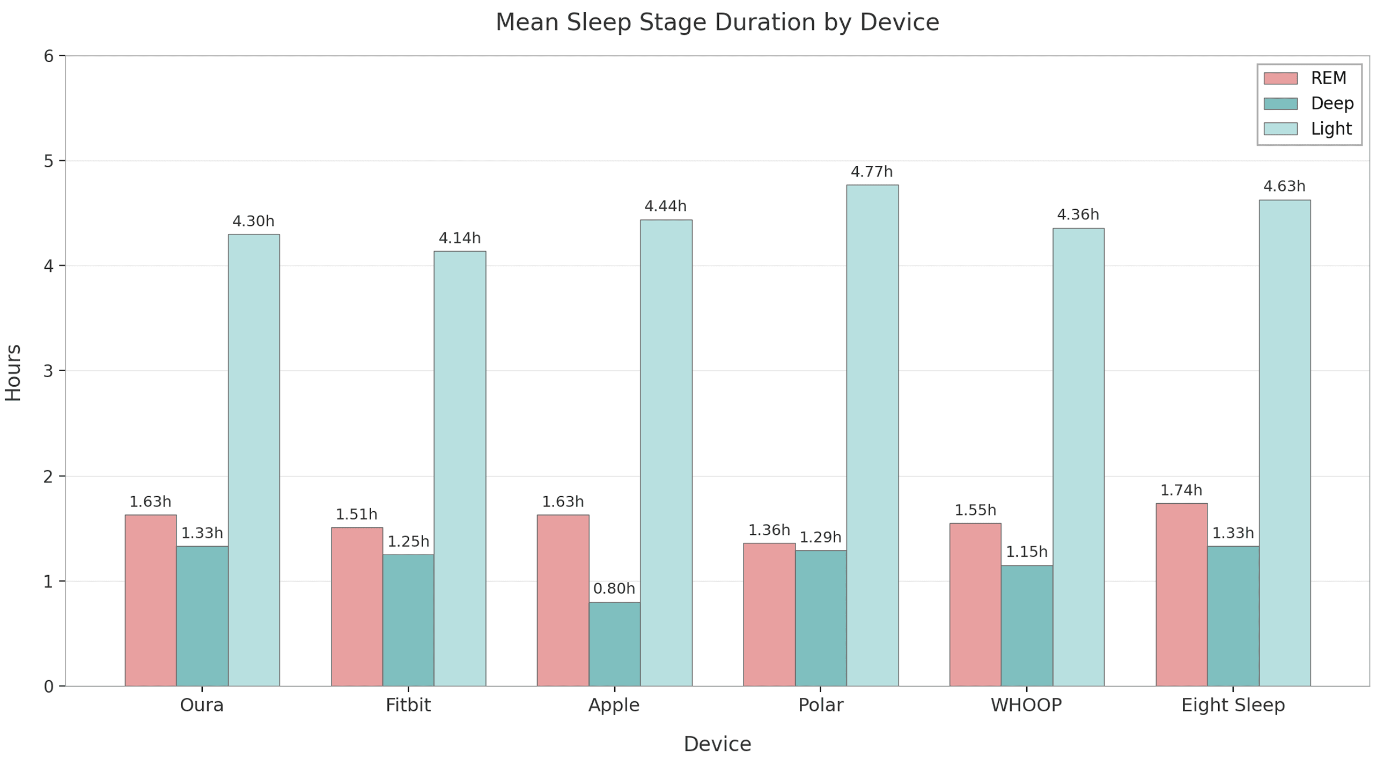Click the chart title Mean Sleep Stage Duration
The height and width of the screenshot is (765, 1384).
click(x=717, y=23)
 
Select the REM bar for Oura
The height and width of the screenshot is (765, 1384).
click(x=150, y=600)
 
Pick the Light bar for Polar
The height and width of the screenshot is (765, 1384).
click(x=872, y=435)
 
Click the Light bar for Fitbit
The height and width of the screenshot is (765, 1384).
click(x=460, y=468)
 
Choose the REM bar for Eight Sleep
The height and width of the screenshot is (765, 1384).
click(x=1181, y=594)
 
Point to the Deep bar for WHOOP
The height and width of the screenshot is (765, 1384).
click(x=1027, y=626)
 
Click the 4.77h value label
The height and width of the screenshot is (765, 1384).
click(x=872, y=172)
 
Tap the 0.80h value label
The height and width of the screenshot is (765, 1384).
click(x=614, y=589)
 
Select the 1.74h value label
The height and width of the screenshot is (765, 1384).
click(x=1181, y=490)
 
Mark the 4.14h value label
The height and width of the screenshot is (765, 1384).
click(x=459, y=238)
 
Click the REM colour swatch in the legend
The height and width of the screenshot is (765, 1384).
click(x=1280, y=78)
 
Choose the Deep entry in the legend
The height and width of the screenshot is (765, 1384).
click(x=1331, y=103)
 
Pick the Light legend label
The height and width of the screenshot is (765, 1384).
click(x=1331, y=129)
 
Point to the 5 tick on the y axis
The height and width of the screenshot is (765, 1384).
click(x=49, y=161)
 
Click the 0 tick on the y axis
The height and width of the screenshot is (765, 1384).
click(x=49, y=687)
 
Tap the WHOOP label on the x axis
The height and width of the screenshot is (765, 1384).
click(x=1026, y=705)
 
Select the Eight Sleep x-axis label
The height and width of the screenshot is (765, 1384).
click(x=1233, y=705)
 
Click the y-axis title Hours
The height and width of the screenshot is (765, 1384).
click(x=13, y=372)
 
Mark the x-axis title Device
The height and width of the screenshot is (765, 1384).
click(x=717, y=744)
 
